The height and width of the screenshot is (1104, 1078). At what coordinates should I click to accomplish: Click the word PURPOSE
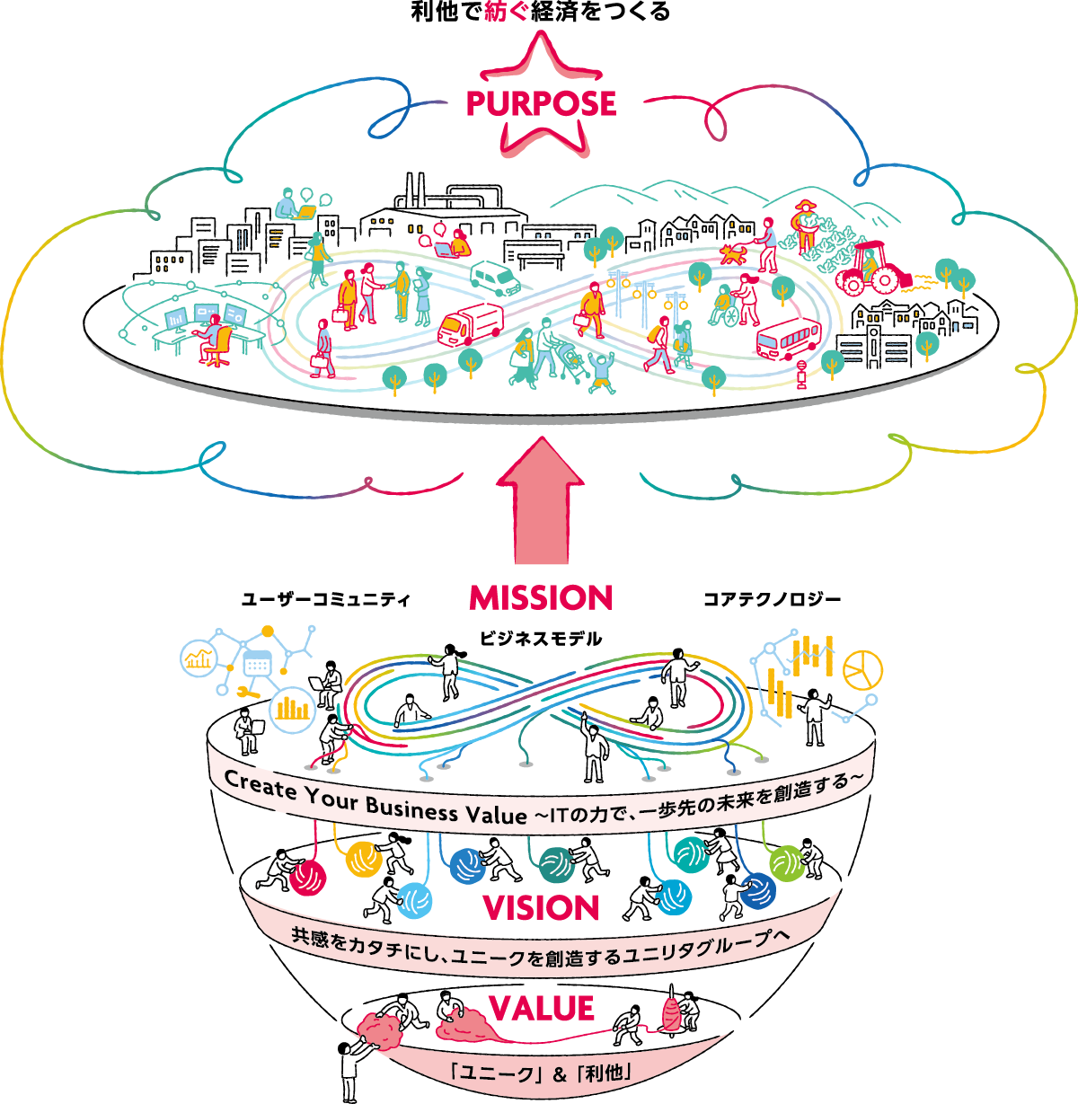coord(541,104)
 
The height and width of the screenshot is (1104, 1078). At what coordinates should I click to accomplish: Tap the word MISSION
coord(541,597)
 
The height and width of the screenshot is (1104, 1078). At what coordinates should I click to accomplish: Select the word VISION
coord(541,907)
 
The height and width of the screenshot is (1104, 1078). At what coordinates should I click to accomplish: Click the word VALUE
coord(542,1008)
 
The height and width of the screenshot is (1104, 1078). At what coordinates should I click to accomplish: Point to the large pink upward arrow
coord(542,503)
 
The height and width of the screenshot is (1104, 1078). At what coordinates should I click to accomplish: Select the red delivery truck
coord(470,324)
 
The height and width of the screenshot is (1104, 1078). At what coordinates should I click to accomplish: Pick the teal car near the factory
coord(495,278)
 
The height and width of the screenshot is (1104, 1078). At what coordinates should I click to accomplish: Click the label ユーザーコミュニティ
coord(325,599)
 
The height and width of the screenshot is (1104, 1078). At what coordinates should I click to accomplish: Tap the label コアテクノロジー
coord(772,599)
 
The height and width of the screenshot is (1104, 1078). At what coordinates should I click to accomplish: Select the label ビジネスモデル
coord(540,639)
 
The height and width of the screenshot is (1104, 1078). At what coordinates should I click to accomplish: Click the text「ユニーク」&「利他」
coord(542,1072)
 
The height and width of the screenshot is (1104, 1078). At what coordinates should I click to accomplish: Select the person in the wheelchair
coord(725,307)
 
